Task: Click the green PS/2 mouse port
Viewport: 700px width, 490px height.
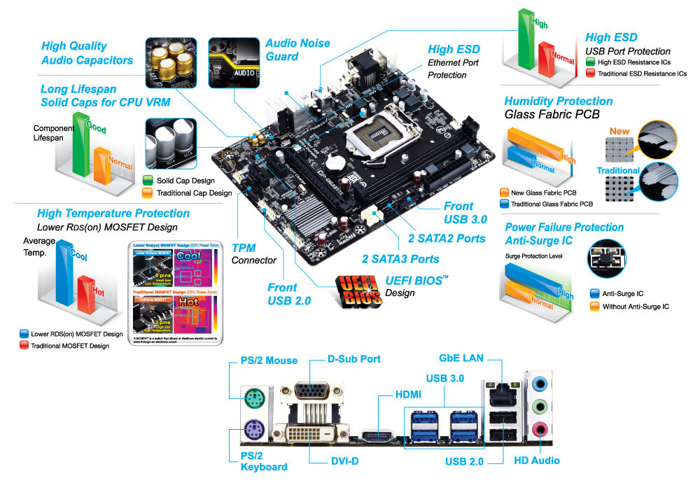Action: [x=253, y=399]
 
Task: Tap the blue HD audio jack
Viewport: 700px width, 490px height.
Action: [x=539, y=384]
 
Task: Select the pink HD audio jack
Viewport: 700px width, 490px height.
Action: [x=539, y=428]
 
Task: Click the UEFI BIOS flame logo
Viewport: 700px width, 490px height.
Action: [x=358, y=290]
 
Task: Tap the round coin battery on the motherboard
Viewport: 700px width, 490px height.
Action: [x=338, y=164]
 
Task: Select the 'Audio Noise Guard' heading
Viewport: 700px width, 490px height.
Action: [x=297, y=49]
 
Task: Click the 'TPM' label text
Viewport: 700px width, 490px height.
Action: [x=244, y=248]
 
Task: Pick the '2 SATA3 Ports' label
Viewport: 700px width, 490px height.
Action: [x=400, y=259]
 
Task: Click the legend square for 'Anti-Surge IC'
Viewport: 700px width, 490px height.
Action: [x=595, y=294]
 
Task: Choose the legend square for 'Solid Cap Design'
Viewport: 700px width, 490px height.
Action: [x=147, y=181]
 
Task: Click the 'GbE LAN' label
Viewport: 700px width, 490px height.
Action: [x=461, y=358]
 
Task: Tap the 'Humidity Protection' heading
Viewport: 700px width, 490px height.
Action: [x=558, y=101]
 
